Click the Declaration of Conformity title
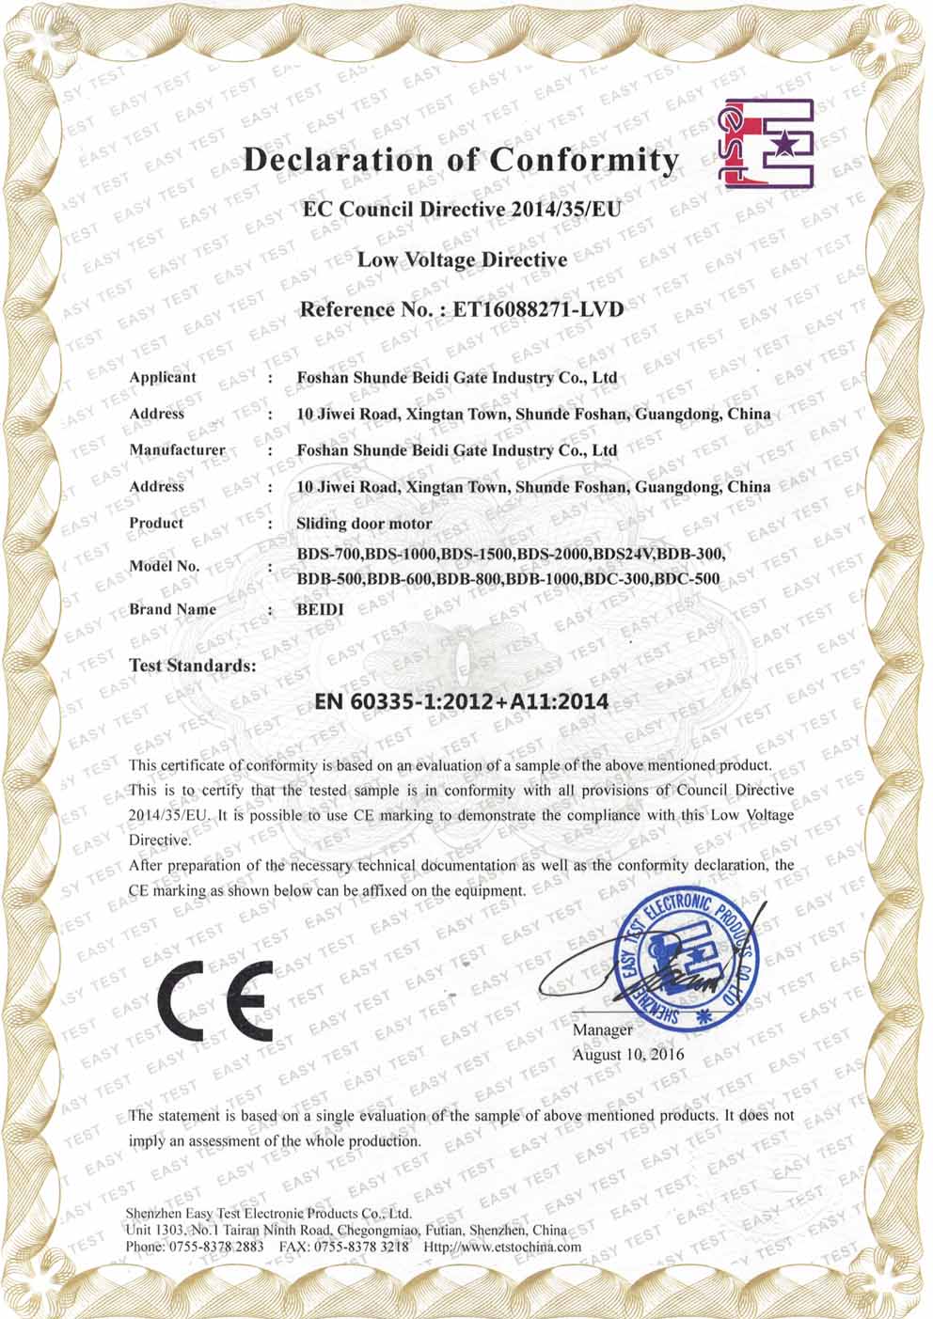point(460,161)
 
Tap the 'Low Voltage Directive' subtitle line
point(462,259)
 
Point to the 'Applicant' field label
point(163,377)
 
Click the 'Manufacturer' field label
point(177,449)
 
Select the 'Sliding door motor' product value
point(364,524)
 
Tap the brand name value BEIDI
point(320,609)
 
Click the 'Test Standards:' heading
point(193,665)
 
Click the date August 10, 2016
point(628,1054)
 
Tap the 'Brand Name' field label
point(172,609)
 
